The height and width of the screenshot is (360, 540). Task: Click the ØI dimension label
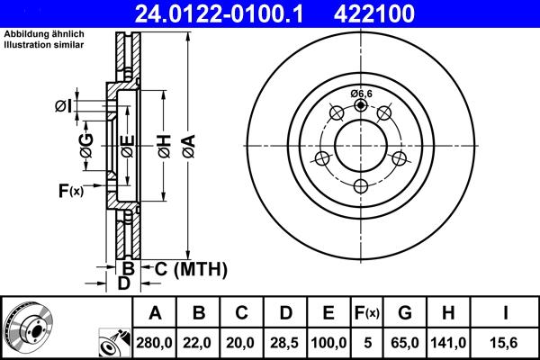point(62,106)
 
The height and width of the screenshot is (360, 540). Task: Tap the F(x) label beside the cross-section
point(70,190)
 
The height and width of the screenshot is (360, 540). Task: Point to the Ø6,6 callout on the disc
point(362,94)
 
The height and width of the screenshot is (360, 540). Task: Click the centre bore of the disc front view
point(361,147)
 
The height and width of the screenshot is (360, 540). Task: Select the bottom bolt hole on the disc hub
point(361,186)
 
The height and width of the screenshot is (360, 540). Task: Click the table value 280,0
point(154,342)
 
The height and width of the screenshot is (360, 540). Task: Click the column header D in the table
point(284,312)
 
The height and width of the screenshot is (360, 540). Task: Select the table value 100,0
point(328,342)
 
